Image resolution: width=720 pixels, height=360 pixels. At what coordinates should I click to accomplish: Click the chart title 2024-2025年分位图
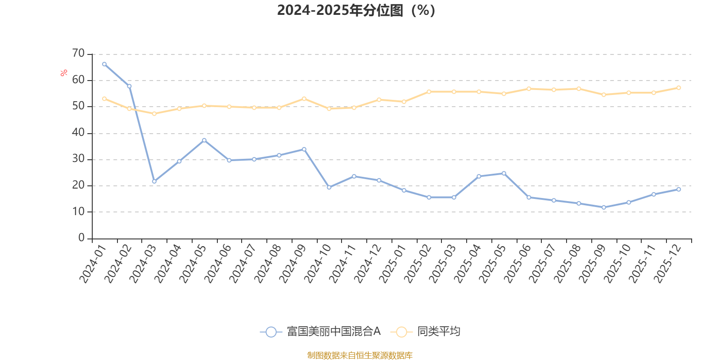coord(355,10)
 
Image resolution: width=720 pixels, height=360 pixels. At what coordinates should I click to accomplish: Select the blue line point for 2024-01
coord(104,64)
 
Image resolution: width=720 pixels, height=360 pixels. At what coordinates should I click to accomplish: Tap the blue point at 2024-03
coord(154,181)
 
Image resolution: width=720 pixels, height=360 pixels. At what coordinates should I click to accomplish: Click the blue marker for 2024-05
coord(204,140)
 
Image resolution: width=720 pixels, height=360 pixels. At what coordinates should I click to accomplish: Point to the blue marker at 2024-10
coord(329,188)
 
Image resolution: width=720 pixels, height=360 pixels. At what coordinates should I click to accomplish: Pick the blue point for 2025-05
coord(504,174)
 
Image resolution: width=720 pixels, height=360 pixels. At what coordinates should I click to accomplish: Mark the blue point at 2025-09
coord(604,207)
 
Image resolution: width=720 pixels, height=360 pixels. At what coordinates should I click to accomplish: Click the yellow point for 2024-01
coord(104,99)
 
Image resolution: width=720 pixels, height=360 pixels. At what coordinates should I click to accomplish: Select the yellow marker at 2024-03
coord(154,114)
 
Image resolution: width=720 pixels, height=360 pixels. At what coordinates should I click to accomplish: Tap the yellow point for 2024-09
coord(304,99)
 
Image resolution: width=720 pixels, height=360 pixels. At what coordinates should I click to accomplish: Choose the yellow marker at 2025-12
coord(679,88)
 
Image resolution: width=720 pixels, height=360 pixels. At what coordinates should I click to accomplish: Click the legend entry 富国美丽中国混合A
coord(320,332)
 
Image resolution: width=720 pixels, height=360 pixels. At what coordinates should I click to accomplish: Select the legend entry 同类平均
coord(426,332)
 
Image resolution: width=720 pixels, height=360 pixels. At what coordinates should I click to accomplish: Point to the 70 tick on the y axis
coord(78,54)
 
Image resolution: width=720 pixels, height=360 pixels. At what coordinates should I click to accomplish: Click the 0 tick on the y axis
coord(81,238)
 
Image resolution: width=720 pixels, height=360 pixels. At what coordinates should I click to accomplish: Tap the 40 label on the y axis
coord(78,133)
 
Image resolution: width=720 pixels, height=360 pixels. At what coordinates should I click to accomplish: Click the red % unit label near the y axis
coord(64,73)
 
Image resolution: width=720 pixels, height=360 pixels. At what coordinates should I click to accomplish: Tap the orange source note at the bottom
coord(360,355)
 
